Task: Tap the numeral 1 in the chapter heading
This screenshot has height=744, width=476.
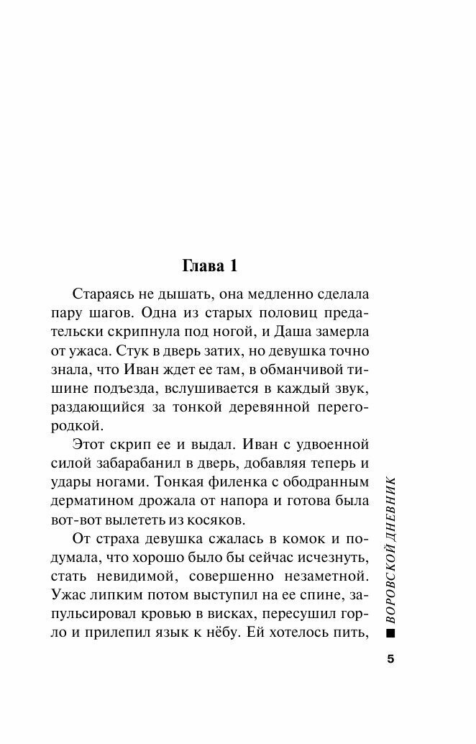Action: (232, 266)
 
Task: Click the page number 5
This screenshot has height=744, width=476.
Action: (390, 658)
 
